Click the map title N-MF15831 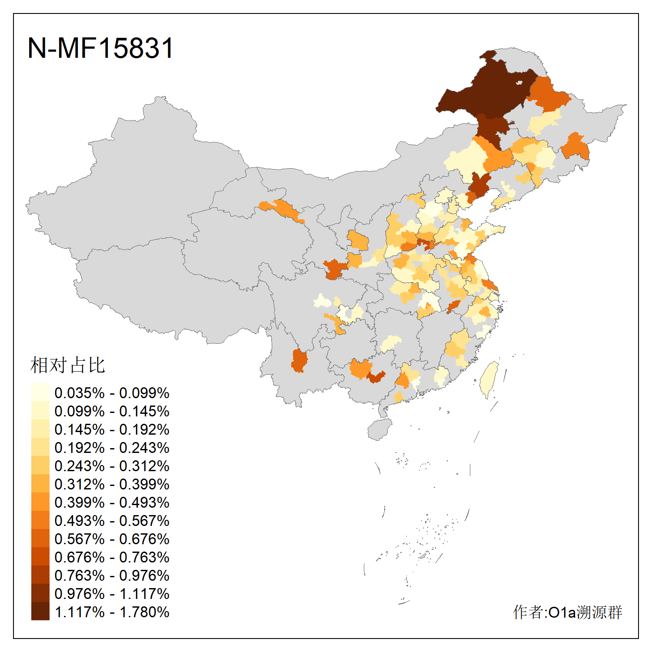pos(100,48)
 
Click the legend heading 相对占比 pos(67,365)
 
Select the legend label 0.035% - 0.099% pos(112,393)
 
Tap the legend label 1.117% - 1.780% pos(112,612)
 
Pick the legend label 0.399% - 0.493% pos(112,502)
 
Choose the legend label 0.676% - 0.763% pos(112,557)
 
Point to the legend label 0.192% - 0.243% pos(112,448)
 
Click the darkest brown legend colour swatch pos(40,611)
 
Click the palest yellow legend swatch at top pos(40,392)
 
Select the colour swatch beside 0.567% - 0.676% pos(40,538)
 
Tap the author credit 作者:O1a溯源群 pos(567,612)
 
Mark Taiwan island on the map pos(489,378)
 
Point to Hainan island pos(379,429)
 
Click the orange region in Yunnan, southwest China pos(299,361)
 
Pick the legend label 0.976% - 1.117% pos(112,594)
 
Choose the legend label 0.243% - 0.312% pos(112,466)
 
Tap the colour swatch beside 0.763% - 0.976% pos(40,575)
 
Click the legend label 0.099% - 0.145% pos(112,411)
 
